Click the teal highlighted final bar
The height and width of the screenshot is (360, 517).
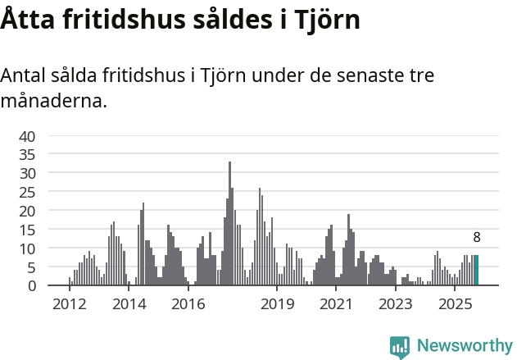[x=477, y=271]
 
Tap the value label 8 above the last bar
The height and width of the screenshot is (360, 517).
[x=477, y=238]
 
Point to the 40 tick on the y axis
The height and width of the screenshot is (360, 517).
[x=27, y=135]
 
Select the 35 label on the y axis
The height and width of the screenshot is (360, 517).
[x=27, y=154]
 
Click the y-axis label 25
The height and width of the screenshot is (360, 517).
[x=27, y=192]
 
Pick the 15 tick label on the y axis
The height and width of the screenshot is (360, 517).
[x=27, y=229]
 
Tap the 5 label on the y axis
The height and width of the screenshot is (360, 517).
[x=31, y=267]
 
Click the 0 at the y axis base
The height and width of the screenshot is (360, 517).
[x=31, y=285]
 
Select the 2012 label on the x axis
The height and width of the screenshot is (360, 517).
[x=69, y=304]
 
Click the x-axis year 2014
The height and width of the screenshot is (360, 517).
[x=129, y=304]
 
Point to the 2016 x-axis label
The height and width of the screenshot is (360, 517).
[x=188, y=304]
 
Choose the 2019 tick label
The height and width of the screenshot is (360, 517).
[x=278, y=304]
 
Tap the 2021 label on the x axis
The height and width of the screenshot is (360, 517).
[x=336, y=304]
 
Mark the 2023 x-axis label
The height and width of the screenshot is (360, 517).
[x=396, y=304]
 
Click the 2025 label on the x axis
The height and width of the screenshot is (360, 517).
[x=455, y=304]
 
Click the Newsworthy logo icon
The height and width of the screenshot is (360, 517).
[x=400, y=347]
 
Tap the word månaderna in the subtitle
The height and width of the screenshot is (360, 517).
[x=53, y=102]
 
